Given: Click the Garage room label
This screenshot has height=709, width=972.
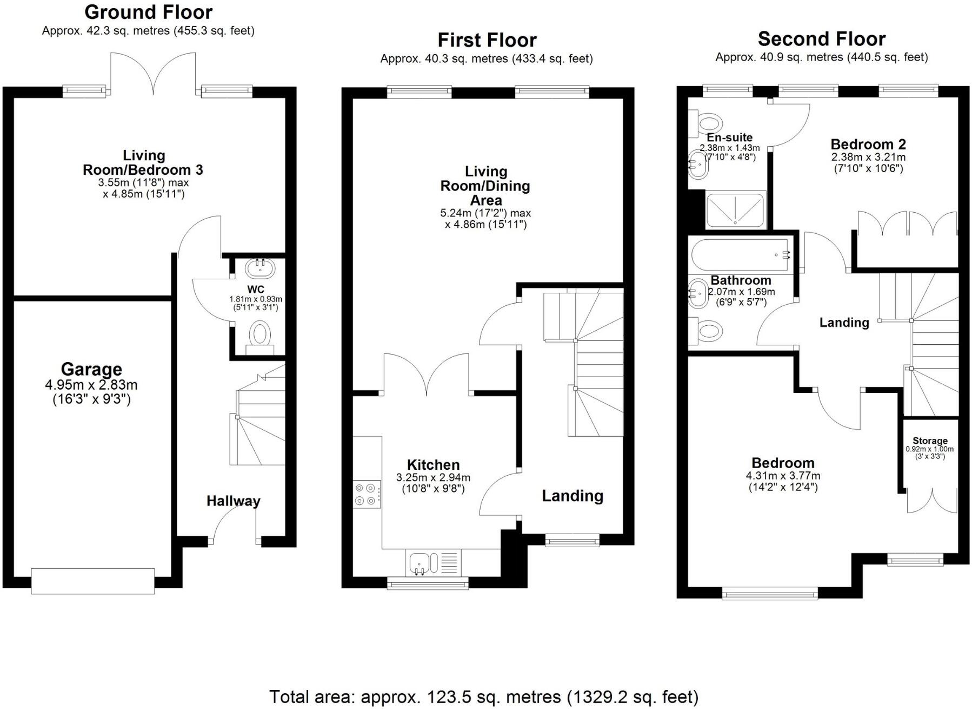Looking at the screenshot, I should pos(91,370).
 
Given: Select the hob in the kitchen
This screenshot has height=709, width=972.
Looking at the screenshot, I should pos(366,494).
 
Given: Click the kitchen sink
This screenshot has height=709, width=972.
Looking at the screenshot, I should pos(420,563).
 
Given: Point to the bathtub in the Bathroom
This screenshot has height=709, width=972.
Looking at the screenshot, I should pos(741,255).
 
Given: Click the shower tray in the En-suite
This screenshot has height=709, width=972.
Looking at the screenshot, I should pos(736,210).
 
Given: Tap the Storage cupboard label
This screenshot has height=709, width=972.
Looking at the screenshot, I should pos(930,441).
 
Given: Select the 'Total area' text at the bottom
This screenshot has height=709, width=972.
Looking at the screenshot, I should pos(483,697).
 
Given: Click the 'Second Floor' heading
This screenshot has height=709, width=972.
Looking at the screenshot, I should pos(821,39).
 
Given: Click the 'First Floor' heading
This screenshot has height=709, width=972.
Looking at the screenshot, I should pos(487,40).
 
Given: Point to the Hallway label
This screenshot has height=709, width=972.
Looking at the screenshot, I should pos(233,501).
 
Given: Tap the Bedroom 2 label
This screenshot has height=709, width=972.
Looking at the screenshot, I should pos(868,145).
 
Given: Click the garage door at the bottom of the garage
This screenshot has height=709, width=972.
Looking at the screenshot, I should pos(92,581).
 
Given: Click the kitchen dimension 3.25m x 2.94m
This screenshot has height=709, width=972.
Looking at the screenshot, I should pos(433,478).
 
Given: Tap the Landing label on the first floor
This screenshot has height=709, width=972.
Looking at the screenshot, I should pos(572,496).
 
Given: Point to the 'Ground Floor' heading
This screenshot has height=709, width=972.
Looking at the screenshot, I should pos(149,12).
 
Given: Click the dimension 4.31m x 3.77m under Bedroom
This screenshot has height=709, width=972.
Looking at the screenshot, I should pos(783,476).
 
